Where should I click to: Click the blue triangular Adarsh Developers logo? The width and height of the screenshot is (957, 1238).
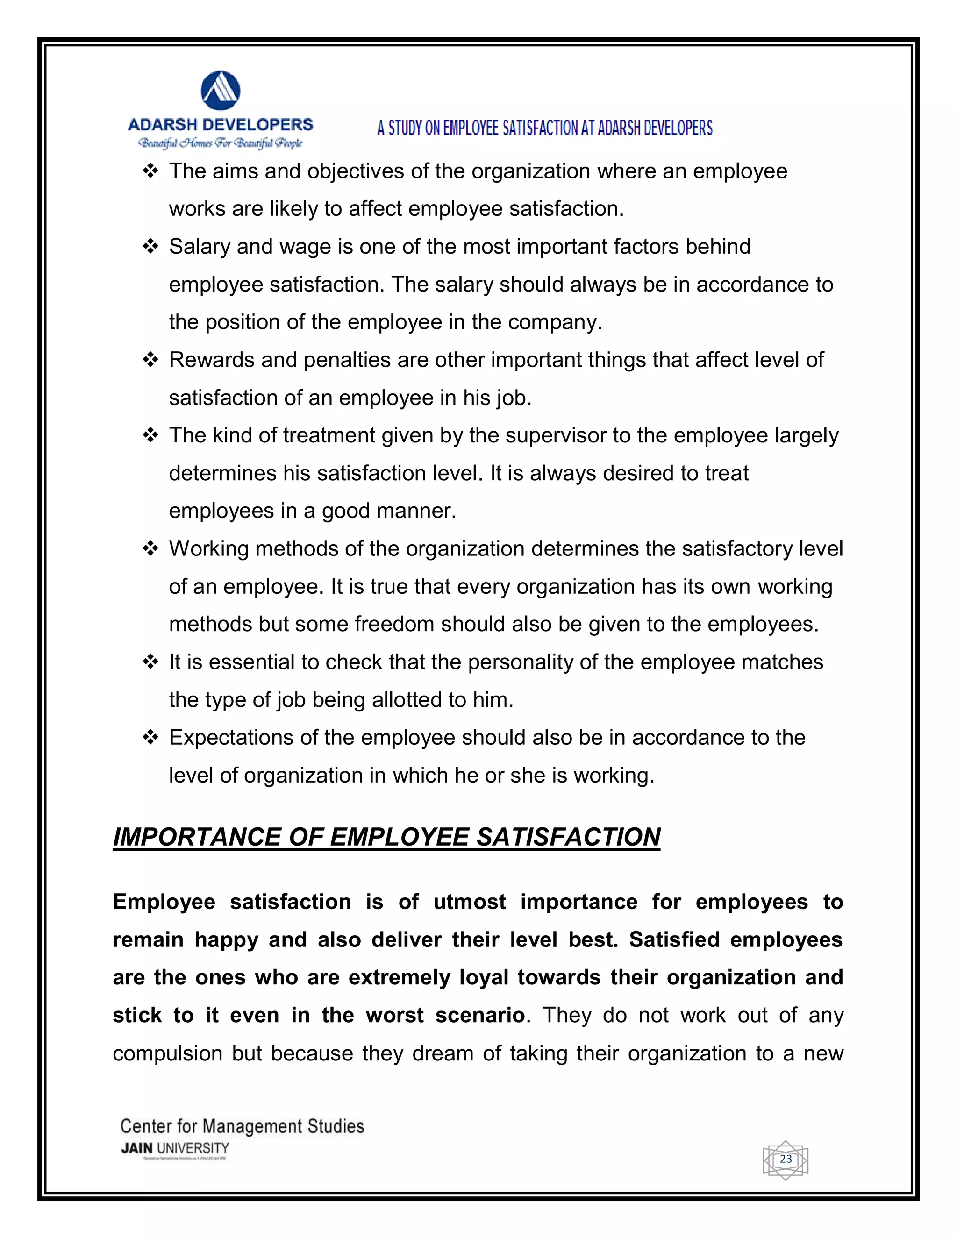(x=221, y=91)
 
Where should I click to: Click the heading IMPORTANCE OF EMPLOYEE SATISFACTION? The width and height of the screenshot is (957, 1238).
(x=386, y=837)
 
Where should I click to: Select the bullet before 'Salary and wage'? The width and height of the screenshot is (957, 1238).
(x=150, y=247)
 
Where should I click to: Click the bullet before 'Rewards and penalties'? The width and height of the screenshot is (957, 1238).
(x=150, y=360)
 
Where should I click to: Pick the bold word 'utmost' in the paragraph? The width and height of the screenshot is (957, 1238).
(x=470, y=902)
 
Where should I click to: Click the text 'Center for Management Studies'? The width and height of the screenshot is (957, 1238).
(x=242, y=1126)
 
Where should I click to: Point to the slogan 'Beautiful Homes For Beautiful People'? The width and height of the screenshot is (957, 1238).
(x=221, y=143)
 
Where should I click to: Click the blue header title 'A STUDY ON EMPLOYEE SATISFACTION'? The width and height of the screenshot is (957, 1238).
(x=544, y=128)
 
